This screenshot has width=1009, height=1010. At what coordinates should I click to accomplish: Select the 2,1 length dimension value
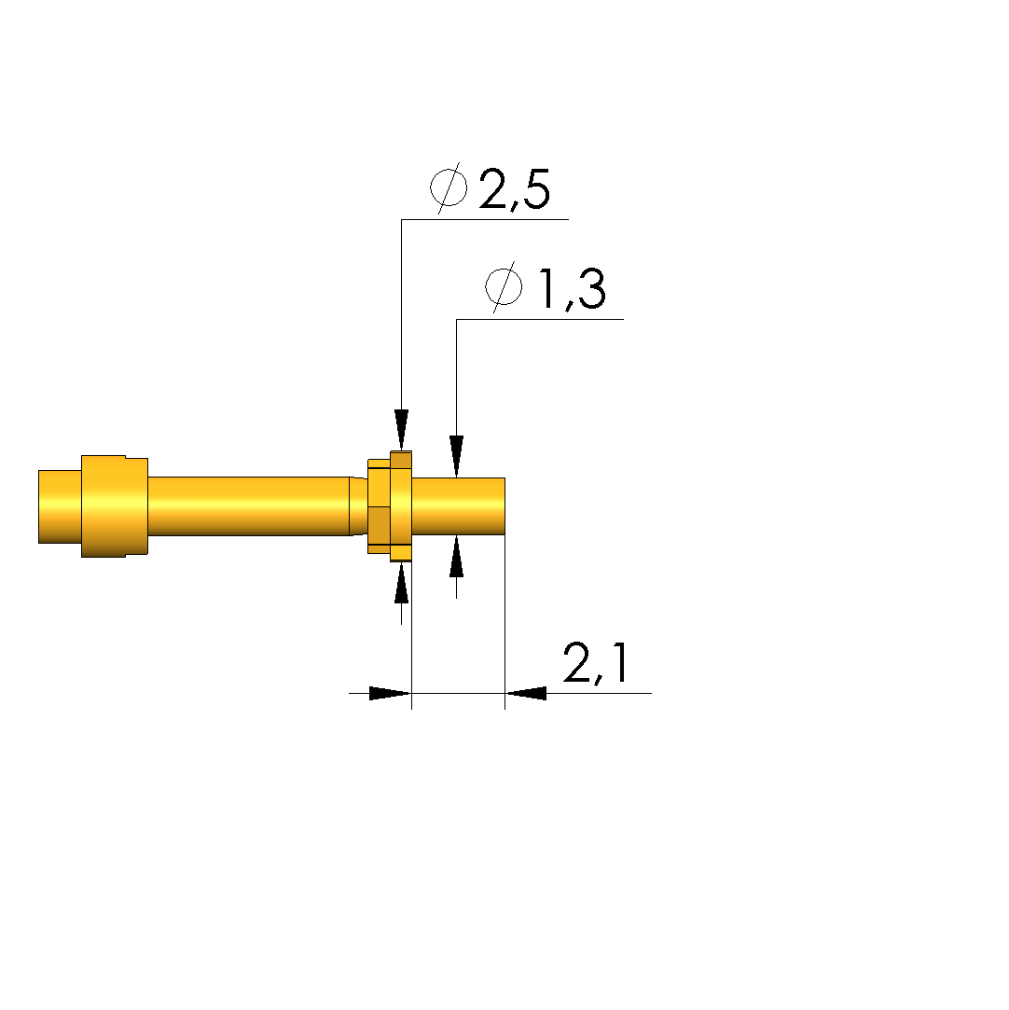[596, 663]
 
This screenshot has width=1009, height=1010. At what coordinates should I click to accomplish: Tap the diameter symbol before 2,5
[449, 187]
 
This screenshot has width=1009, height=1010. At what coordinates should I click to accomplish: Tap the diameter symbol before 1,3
[504, 286]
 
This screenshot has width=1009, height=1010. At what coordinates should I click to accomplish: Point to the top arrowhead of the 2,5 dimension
[402, 430]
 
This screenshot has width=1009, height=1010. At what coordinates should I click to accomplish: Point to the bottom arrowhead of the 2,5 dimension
[402, 583]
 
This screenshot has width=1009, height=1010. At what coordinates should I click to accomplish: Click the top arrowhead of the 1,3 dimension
[457, 457]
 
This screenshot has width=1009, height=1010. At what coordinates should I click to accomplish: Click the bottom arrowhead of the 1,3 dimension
[457, 557]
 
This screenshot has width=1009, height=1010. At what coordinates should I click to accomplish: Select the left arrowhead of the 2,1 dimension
[390, 693]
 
